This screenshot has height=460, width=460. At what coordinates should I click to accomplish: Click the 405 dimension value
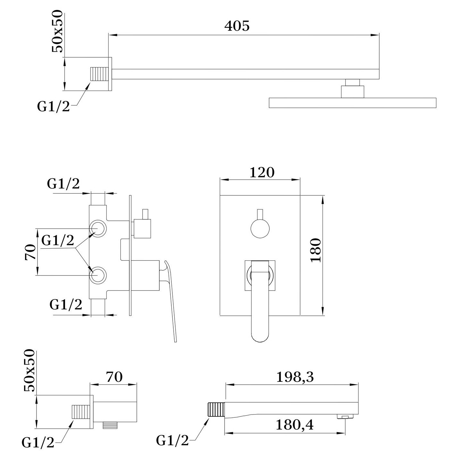point(237,26)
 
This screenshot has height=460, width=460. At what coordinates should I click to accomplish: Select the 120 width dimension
point(262,173)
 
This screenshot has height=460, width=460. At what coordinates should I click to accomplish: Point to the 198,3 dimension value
point(295,378)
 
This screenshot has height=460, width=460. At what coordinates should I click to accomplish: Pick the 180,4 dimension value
point(294,425)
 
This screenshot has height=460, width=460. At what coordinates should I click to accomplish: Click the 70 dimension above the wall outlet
point(114,377)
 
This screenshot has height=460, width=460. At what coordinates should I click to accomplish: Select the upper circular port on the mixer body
point(97,228)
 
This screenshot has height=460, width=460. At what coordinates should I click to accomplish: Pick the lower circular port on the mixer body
point(97,275)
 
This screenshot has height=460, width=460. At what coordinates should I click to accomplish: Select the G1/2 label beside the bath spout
point(172,441)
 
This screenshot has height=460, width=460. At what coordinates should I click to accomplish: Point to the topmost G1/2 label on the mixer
point(63,185)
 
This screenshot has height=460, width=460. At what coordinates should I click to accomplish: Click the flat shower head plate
point(353,103)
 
